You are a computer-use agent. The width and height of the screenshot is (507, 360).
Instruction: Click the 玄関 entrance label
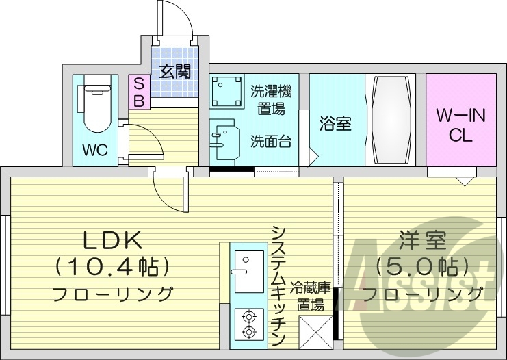pos(174,70)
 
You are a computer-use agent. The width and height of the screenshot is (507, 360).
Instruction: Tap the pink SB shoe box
pos(138,92)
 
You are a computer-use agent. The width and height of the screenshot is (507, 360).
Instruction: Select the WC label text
pos(95,150)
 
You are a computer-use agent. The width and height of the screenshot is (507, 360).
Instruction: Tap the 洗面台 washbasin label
pos(270,142)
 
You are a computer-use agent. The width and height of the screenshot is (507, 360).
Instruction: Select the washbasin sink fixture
pos(223,140)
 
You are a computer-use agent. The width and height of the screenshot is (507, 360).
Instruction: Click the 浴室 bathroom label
pos(335,124)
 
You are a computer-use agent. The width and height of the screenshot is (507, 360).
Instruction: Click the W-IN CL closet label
pos(460,125)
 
